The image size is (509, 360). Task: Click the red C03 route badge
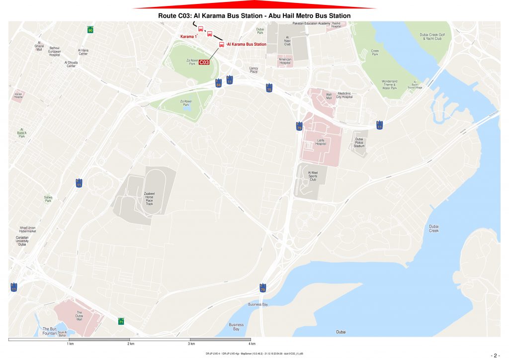click(204, 62)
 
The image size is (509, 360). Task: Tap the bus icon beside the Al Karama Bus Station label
click(222, 44)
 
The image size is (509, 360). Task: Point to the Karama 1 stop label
click(188, 36)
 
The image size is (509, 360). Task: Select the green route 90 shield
click(90, 30)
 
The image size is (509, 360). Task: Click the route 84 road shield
click(218, 84)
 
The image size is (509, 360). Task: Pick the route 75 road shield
click(269, 89)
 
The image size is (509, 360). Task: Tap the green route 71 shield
click(121, 321)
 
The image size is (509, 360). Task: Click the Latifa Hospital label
click(321, 142)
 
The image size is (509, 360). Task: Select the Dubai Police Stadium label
click(359, 143)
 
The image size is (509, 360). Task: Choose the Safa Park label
click(48, 199)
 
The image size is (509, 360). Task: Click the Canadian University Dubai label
click(21, 241)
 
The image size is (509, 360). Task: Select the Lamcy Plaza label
click(254, 71)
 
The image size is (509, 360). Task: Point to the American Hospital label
click(285, 62)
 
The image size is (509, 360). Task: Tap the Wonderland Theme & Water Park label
click(389, 85)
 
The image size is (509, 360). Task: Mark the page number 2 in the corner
click(495, 355)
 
